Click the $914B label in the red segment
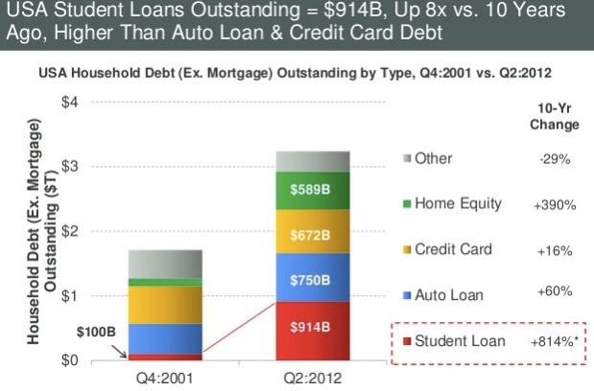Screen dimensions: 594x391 click(310, 327)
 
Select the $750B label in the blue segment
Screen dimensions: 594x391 click(310, 280)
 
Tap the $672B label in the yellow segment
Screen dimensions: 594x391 click(310, 236)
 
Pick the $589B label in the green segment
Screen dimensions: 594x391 click(310, 190)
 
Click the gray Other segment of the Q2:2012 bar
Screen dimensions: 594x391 click(313, 162)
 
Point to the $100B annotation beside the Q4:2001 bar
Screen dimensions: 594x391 click(96, 332)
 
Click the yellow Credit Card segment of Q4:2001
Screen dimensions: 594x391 click(165, 305)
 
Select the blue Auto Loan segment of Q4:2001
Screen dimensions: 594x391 click(165, 339)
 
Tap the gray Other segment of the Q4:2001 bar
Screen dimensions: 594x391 click(165, 264)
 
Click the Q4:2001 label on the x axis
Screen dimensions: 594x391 click(165, 379)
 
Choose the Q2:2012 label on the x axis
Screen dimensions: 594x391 click(313, 379)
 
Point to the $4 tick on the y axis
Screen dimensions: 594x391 click(70, 102)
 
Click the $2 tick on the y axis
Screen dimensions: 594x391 click(70, 231)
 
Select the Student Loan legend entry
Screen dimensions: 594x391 click(454, 341)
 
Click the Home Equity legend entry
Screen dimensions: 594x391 click(452, 204)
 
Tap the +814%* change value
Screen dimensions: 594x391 click(555, 342)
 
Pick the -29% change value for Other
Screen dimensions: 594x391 click(555, 159)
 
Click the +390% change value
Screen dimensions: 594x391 click(555, 205)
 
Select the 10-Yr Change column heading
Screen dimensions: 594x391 click(555, 117)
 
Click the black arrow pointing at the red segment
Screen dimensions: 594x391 click(120, 352)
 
